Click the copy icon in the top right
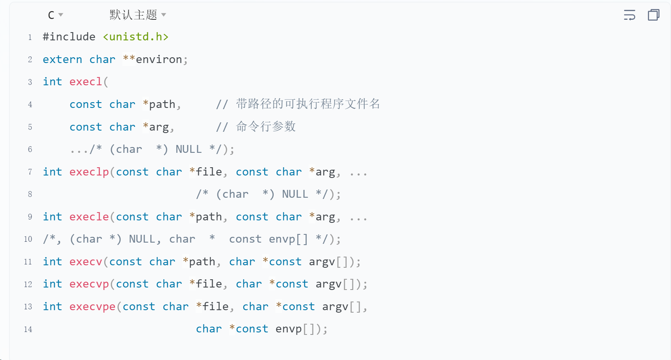coord(653,15)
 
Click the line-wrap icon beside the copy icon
coord(629,15)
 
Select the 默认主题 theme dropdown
coord(137,15)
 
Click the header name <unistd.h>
coord(135,37)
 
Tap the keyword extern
coord(62,60)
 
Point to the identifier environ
coord(159,60)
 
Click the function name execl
coord(86,82)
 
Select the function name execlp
coord(89,172)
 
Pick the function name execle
coord(89,217)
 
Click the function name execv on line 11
coord(86,262)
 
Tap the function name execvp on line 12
coord(89,284)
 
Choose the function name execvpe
coord(92,307)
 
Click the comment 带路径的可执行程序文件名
coord(308,104)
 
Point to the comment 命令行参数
coord(266,127)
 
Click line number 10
coord(28,239)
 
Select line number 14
coord(28,330)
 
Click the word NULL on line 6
coord(189,150)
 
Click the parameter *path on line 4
coord(159,105)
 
